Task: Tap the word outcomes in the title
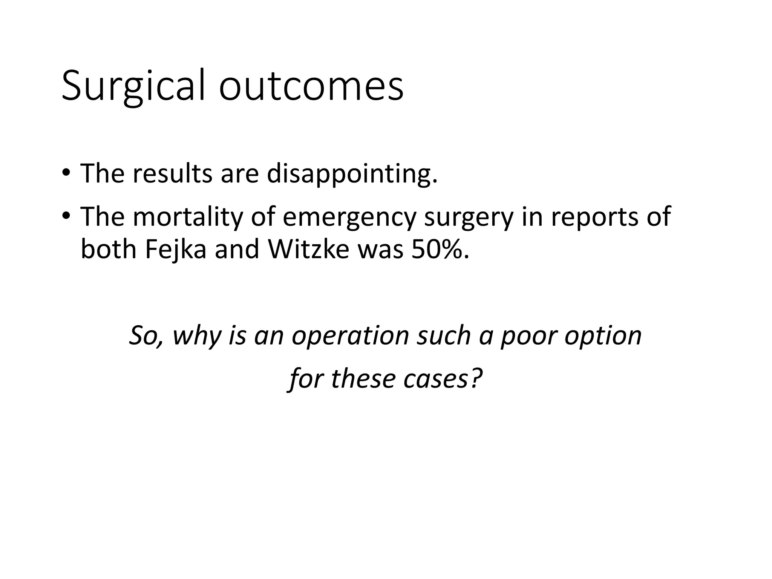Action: (x=311, y=86)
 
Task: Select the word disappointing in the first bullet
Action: (x=352, y=174)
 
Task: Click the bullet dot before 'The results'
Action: (x=66, y=173)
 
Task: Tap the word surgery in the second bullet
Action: (x=469, y=218)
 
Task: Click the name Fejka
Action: (x=176, y=250)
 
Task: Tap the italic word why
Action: (x=197, y=335)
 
